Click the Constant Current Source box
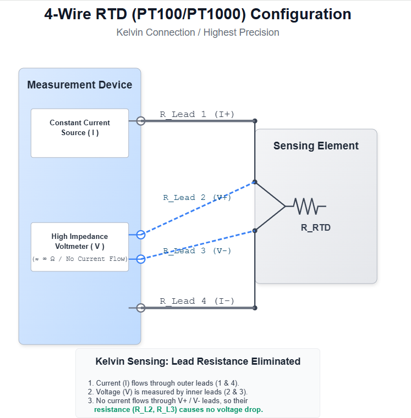pos(80,132)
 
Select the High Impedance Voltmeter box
pos(80,247)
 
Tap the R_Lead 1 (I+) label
pos(197,114)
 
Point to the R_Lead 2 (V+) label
pos(197,198)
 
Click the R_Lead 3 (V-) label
pos(197,251)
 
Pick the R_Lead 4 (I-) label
pos(197,301)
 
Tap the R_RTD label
pos(316,227)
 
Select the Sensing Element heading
pos(316,146)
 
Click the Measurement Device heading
pos(80,85)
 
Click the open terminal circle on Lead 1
pos(141,121)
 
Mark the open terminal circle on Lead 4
pos(141,308)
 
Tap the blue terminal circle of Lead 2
pos(141,235)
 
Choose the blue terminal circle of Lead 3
pos(141,259)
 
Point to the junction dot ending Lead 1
pos(255,121)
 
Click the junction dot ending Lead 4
pos(255,308)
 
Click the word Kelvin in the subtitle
pos(130,32)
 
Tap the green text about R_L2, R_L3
pos(178,410)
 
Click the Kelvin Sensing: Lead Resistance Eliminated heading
pos(198,361)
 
